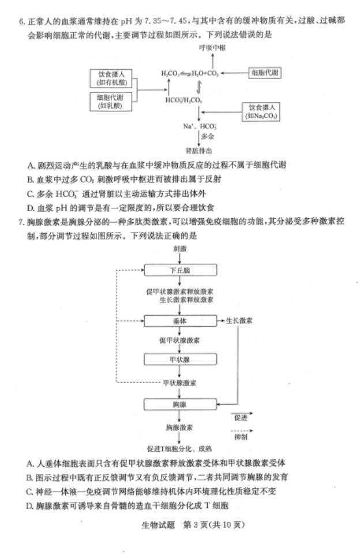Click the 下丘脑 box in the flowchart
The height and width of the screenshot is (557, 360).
point(181,271)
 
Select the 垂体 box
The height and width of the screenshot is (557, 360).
point(181,320)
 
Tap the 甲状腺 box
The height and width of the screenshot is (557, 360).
point(181,359)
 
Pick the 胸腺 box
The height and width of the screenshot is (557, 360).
point(181,405)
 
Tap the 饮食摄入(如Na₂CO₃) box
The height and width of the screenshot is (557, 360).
point(261,111)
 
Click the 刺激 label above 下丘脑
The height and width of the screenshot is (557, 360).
point(181,249)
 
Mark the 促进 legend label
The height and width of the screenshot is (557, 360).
point(241,417)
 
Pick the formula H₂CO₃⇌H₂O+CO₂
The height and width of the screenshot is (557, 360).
point(190,74)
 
